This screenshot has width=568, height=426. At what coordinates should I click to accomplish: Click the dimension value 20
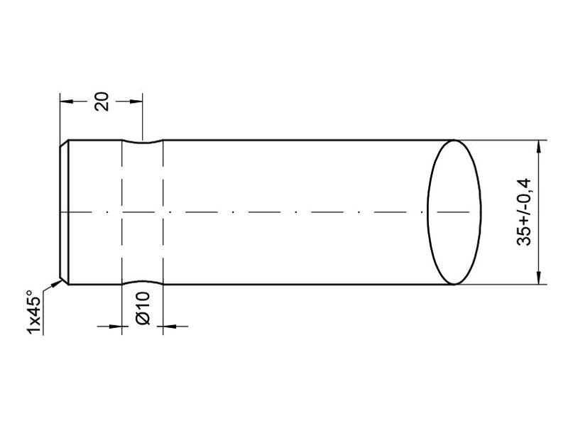click(102, 101)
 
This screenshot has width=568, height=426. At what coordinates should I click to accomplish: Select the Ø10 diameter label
click(142, 309)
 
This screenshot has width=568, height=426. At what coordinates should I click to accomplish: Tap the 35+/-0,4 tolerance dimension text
click(525, 212)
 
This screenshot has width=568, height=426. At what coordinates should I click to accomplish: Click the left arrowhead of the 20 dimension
click(66, 101)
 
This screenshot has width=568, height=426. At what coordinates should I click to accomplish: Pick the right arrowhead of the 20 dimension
click(136, 101)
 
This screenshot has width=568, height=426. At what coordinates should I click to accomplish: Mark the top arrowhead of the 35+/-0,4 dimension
click(540, 146)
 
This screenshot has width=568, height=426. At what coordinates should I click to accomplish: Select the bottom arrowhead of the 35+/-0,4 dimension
click(540, 278)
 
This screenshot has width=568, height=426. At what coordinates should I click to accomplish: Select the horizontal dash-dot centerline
click(284, 212)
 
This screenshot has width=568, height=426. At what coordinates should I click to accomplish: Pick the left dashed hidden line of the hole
click(122, 213)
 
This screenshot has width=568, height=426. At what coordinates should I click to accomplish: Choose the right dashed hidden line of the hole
click(163, 213)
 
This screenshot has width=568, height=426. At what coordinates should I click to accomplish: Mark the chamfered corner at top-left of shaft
click(64, 143)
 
